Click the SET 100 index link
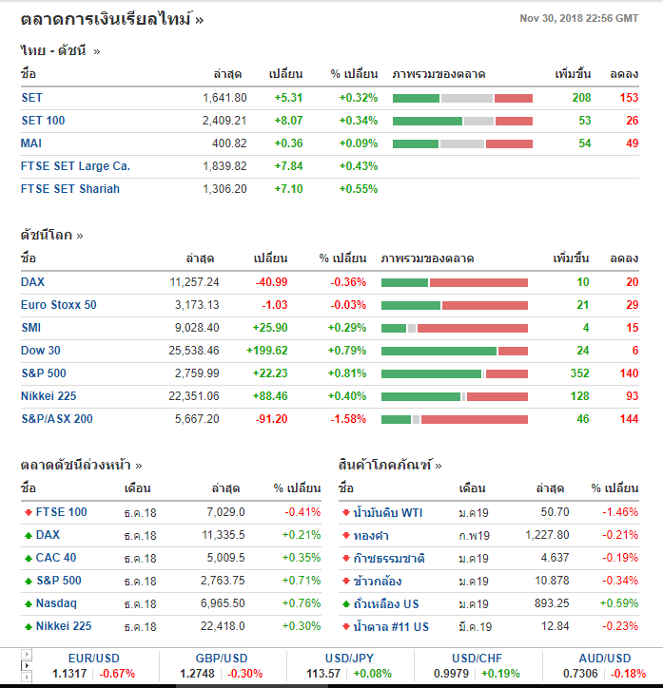coord(43,121)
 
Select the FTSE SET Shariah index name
coord(70,189)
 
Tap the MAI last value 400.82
coord(228,143)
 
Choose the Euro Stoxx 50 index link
coord(59,305)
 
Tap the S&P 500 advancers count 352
coord(579,373)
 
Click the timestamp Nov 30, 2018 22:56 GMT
coord(578,18)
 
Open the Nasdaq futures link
coord(56,603)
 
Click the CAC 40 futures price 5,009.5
coord(224,558)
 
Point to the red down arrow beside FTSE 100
coord(29,513)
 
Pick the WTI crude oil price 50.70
coord(554,513)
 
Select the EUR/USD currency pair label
coord(93,659)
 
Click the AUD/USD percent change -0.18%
coord(628,674)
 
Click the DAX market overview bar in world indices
coord(454,282)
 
